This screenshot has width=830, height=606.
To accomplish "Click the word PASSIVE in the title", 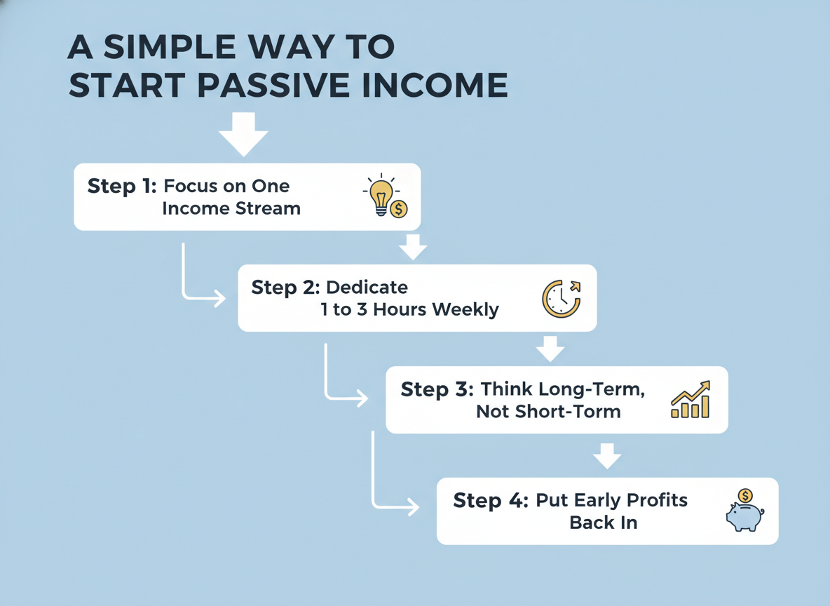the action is [273, 85].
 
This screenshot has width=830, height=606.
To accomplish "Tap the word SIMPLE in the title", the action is [170, 46].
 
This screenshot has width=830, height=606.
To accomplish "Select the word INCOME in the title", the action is [435, 85].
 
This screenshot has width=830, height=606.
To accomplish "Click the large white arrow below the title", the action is [243, 134].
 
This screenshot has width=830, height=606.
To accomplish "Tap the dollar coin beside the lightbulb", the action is [399, 209].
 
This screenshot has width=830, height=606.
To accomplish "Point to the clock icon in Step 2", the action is [561, 299].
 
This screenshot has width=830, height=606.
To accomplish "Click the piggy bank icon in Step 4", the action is [744, 516].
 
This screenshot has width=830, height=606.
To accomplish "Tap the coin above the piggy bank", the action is [745, 496].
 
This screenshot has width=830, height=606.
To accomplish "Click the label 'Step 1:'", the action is [122, 187].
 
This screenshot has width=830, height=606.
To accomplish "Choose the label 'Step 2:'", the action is [286, 288].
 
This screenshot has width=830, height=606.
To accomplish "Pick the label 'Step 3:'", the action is [437, 389].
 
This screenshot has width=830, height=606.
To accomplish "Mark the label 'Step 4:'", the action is [491, 501].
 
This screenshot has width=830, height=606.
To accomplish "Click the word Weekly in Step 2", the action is [465, 309].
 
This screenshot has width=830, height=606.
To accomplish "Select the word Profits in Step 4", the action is [657, 500].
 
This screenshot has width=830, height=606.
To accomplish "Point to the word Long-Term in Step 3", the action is [590, 389].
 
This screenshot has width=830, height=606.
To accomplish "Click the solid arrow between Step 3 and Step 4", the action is [607, 456].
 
